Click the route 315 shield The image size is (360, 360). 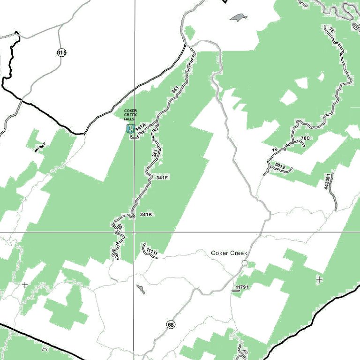click(x=62, y=52)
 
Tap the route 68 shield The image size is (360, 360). click(x=171, y=325)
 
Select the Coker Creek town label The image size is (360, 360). click(x=229, y=253)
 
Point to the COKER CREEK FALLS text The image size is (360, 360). click(x=130, y=115)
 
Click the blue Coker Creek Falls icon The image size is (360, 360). click(x=130, y=129)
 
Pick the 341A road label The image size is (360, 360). click(x=141, y=127)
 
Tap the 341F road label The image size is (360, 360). click(x=162, y=178)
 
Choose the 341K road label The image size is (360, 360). click(x=146, y=215)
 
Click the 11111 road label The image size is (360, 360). click(x=151, y=252)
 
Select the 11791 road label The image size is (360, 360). click(x=242, y=286)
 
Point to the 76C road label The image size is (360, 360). click(x=306, y=139)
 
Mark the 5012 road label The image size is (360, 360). click(x=280, y=166)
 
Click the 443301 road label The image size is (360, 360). click(x=327, y=181)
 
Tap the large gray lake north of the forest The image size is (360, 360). click(x=238, y=18)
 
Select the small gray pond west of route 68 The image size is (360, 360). click(x=140, y=289)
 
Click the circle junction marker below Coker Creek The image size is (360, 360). click(x=245, y=263)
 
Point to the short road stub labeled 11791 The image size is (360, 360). click(x=236, y=291)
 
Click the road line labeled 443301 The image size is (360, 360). click(x=334, y=197)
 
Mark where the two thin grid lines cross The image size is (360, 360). click(x=134, y=232)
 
